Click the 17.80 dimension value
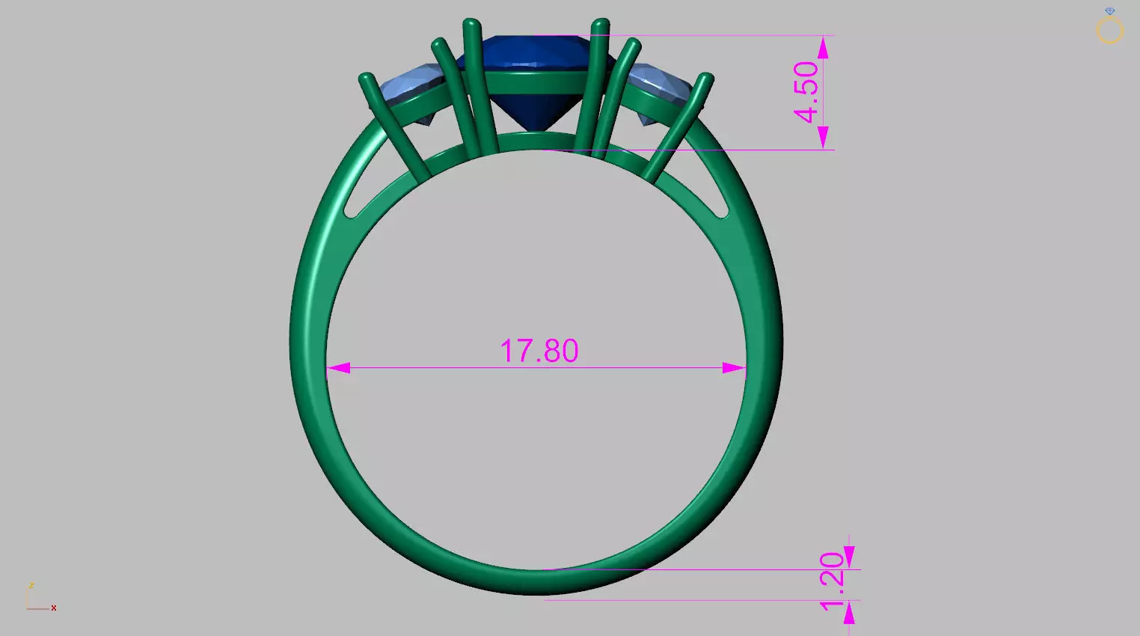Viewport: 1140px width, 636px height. [x=539, y=351]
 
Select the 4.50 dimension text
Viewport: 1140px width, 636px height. [x=806, y=92]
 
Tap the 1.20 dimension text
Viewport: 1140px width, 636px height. [x=832, y=581]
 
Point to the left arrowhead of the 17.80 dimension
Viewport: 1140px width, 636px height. [x=337, y=368]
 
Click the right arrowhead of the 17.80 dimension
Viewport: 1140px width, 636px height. [x=735, y=368]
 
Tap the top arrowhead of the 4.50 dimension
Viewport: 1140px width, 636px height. [x=823, y=48]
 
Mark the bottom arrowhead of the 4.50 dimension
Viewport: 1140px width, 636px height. [x=823, y=138]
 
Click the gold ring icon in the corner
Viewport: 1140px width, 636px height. [x=1110, y=31]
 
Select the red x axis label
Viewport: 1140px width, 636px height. [x=54, y=608]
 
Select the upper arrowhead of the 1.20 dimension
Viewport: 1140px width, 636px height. [x=849, y=557]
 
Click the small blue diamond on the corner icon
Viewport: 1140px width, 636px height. [x=1110, y=11]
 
